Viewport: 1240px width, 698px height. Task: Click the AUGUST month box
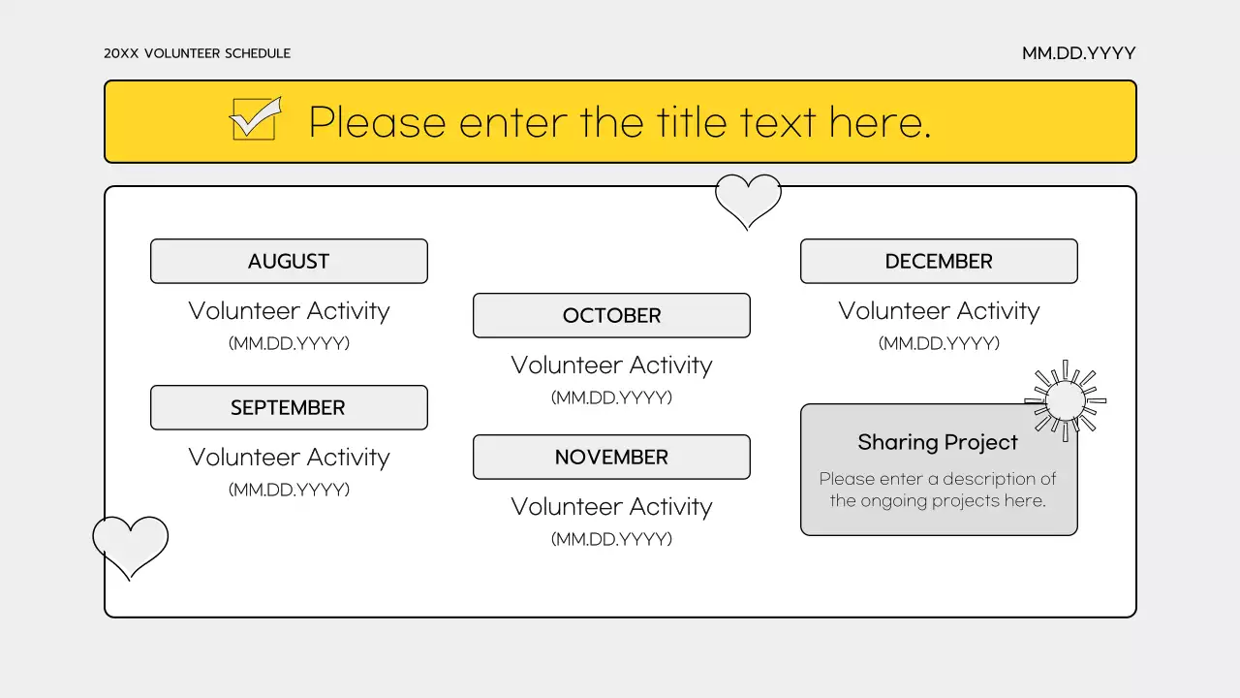click(289, 261)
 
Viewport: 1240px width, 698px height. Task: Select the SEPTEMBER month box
click(289, 407)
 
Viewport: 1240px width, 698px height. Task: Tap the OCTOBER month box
click(611, 315)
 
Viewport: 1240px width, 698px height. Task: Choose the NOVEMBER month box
click(611, 457)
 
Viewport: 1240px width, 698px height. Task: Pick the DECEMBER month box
click(939, 261)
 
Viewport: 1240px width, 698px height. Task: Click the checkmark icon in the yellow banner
click(255, 118)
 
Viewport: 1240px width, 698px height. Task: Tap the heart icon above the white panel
click(748, 199)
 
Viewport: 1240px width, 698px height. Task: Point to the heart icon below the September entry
click(130, 545)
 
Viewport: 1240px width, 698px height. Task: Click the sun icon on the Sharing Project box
click(1066, 399)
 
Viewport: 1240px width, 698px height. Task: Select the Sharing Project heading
click(938, 442)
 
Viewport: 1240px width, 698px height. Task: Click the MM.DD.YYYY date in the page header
click(1078, 53)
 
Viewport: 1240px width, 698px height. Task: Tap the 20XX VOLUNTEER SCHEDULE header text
click(197, 53)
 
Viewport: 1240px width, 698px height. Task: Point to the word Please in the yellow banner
click(377, 122)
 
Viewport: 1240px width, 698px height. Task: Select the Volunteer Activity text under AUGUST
click(289, 311)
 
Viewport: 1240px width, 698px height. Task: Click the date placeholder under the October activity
click(611, 397)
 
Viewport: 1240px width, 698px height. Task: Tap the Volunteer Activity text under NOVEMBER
click(611, 506)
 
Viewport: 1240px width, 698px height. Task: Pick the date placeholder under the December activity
click(939, 343)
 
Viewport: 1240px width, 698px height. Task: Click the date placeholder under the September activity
click(289, 490)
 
